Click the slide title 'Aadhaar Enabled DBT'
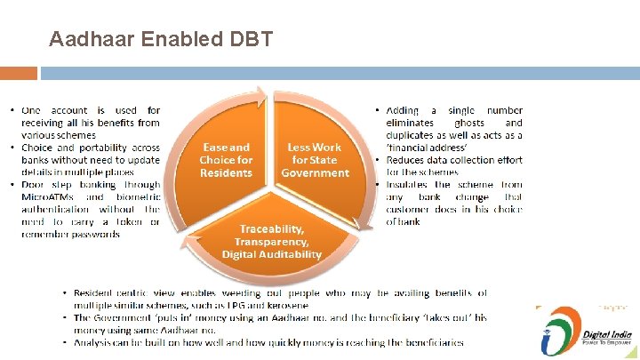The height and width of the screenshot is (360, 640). pyautogui.click(x=161, y=39)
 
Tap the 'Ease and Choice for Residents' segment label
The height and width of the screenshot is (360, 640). pyautogui.click(x=226, y=160)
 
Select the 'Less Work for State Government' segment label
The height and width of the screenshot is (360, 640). pyautogui.click(x=315, y=160)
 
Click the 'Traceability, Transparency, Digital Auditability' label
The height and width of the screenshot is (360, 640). pyautogui.click(x=271, y=242)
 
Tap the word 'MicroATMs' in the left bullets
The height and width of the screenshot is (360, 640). pyautogui.click(x=50, y=197)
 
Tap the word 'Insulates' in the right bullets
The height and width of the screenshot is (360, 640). pyautogui.click(x=409, y=185)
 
